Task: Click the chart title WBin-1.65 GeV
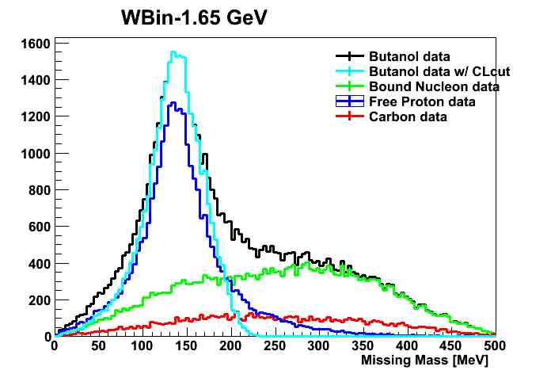point(194,17)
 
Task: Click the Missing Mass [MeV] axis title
point(424,361)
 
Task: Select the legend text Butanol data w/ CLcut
point(439,71)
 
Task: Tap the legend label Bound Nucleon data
point(434,86)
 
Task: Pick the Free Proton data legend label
point(422,101)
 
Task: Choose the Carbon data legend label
point(408,116)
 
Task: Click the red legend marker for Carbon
point(350,116)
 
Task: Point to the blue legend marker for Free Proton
point(350,101)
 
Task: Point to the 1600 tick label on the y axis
point(36,44)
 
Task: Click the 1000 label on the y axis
point(36,154)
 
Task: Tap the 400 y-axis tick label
point(40,264)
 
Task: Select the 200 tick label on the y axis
point(40,300)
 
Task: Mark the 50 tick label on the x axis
point(98,345)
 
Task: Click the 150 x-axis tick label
point(186,345)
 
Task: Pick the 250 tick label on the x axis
point(275,345)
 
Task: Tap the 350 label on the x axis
point(363,345)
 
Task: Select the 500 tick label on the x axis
point(494,345)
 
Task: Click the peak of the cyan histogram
point(173,52)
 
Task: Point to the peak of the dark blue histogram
point(173,102)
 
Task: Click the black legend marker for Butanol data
point(350,56)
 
